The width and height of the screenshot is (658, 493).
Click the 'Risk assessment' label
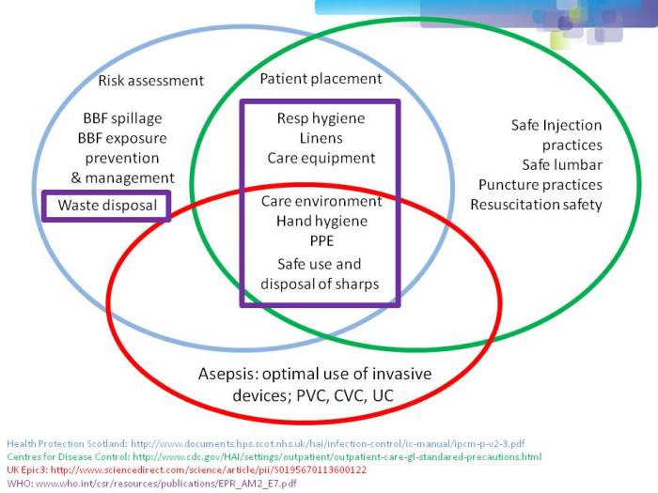coord(150,81)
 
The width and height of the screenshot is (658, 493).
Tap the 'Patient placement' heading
coord(321,79)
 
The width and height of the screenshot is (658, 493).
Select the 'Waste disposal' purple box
coord(106,205)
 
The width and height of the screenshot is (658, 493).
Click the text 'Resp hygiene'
coord(321,119)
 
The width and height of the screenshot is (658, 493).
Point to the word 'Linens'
coord(321,139)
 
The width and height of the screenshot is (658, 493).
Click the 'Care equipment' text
coord(321,159)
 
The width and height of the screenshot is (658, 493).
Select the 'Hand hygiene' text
coord(321,222)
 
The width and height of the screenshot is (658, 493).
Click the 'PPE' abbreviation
coord(321,241)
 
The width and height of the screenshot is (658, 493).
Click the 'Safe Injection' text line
coord(556,125)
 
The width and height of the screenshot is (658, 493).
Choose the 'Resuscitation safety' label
coord(536,205)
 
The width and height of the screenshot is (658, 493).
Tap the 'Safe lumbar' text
coord(562,165)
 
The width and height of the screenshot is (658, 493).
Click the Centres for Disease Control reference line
coord(273,456)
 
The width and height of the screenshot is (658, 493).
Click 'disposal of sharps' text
coord(321,285)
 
